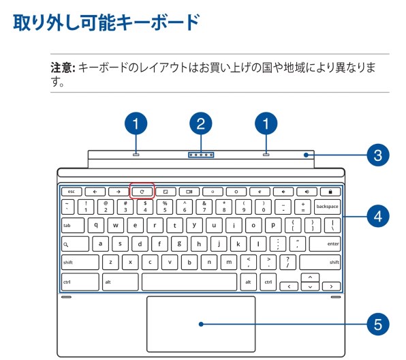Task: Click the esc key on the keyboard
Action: [71, 192]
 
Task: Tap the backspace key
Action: [327, 206]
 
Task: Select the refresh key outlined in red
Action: [142, 192]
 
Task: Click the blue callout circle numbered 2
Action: [200, 123]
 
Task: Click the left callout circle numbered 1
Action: [137, 123]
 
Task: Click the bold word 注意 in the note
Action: [63, 68]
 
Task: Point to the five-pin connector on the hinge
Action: [200, 154]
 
